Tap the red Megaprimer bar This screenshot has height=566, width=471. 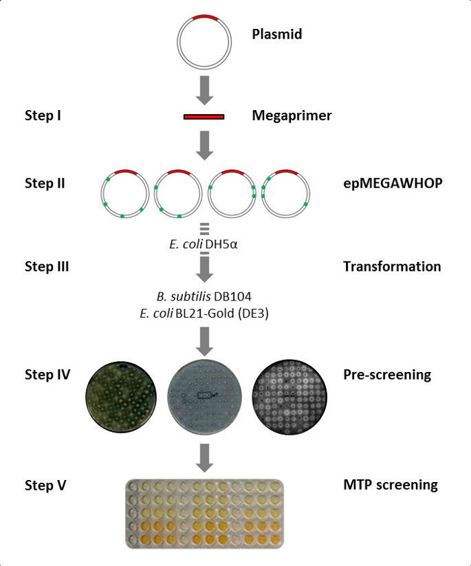[x=204, y=116]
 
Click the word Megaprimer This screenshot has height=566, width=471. [x=292, y=116]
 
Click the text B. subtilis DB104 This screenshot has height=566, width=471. [x=204, y=296]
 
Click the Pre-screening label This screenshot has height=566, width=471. [x=386, y=375]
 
